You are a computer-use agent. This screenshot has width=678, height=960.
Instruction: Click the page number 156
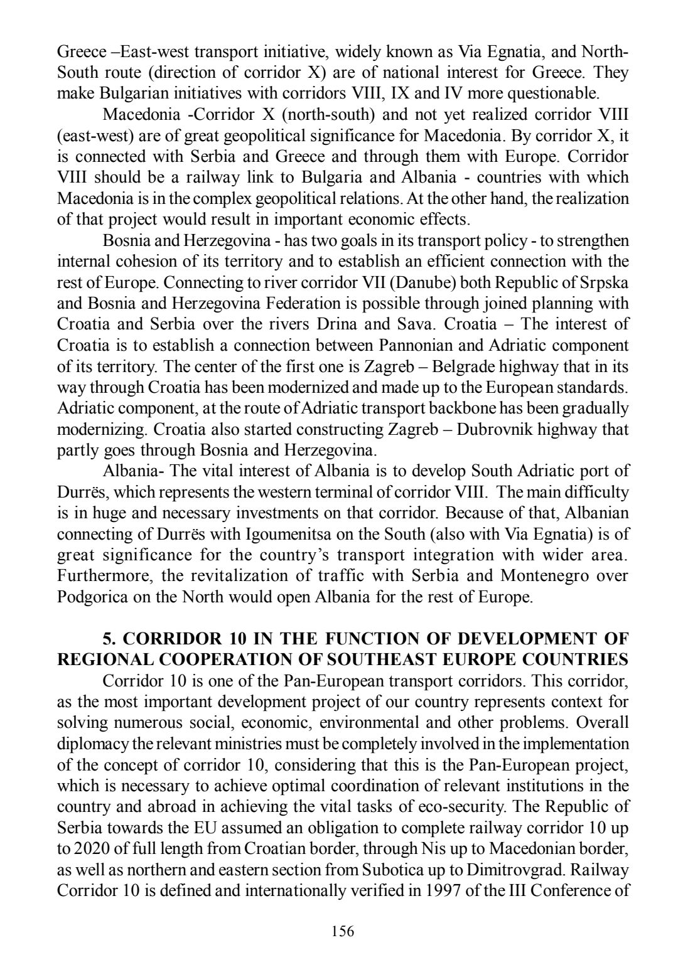343,931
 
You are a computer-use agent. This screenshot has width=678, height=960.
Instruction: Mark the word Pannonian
413,346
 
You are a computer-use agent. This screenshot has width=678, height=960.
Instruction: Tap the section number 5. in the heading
110,639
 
